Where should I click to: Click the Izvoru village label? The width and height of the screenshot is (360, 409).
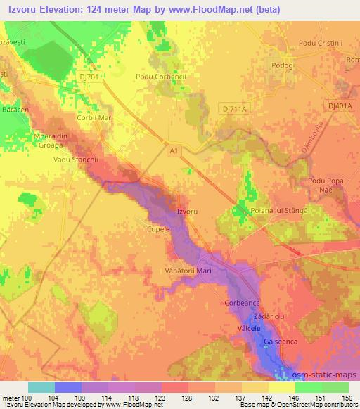pos(187,211)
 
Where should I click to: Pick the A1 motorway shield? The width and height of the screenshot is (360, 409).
pos(173,150)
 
